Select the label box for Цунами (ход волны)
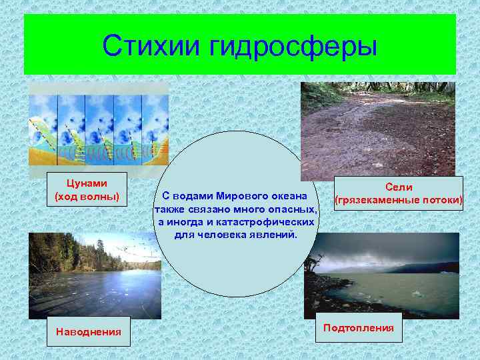coord(87,189)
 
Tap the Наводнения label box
coord(89,331)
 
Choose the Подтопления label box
coord(358,327)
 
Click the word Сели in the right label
coord(399,188)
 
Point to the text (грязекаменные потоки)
coord(399,200)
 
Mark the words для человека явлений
coord(237,235)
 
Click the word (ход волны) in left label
coord(87,196)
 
